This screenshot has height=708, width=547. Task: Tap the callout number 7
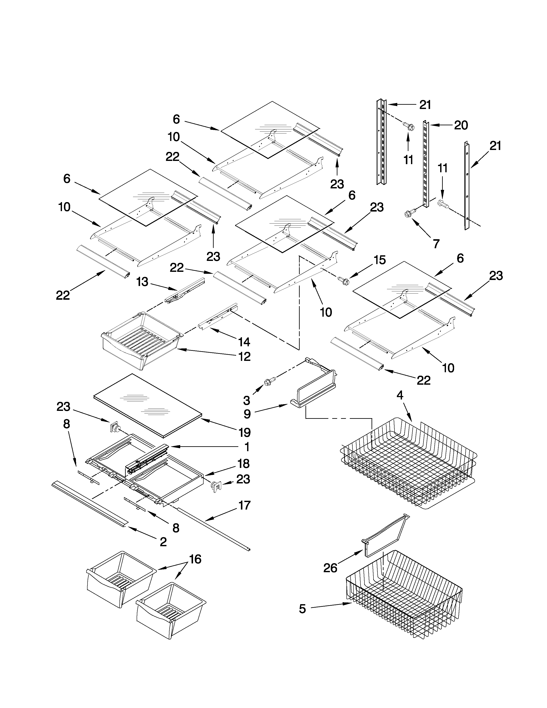[436, 244]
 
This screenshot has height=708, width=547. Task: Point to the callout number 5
[302, 609]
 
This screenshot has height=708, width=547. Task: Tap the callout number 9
[247, 414]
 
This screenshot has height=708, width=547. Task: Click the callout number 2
[163, 541]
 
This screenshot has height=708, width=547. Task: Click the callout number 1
[247, 447]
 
